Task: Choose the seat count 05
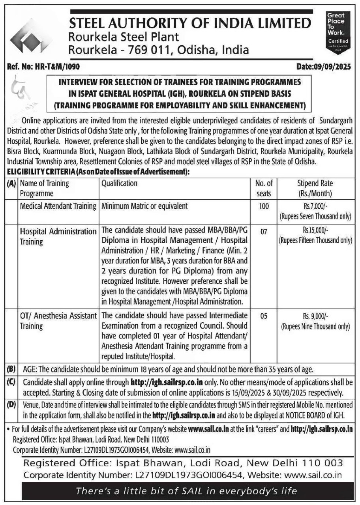point(264,316)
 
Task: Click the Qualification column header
point(119,183)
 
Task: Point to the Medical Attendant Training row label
point(58,206)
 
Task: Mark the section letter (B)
point(11,370)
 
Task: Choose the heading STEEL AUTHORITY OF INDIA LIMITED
point(189,23)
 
